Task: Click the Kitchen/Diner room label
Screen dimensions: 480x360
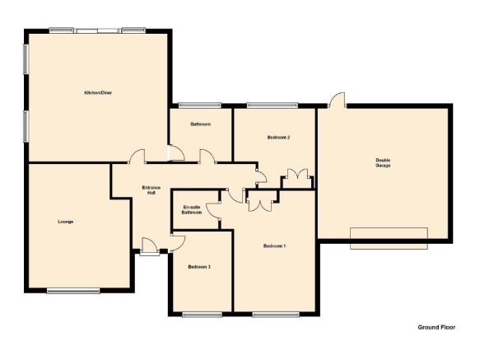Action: tap(98, 92)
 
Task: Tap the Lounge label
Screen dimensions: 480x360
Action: tap(66, 222)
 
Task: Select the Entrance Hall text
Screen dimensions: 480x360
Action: tap(151, 190)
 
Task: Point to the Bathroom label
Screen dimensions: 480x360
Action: tap(201, 124)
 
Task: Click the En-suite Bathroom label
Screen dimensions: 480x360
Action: tap(192, 210)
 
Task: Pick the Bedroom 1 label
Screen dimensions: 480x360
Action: tap(275, 245)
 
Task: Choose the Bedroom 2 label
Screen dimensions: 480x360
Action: tap(278, 138)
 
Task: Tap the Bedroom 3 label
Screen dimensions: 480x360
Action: tap(199, 267)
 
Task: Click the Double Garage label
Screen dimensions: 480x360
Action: tap(383, 162)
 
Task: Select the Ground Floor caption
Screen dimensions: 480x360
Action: tap(436, 327)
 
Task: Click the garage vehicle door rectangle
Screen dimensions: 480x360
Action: tap(389, 238)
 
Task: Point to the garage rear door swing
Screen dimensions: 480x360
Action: tap(337, 100)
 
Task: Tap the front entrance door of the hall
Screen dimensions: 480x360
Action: tap(150, 246)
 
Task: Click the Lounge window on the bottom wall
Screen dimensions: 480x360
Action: tap(73, 291)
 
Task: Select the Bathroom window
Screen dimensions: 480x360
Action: tap(200, 105)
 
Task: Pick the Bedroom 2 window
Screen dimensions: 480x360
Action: tap(273, 105)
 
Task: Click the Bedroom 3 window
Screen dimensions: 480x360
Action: tap(202, 315)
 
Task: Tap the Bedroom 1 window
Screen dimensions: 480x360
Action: tap(276, 315)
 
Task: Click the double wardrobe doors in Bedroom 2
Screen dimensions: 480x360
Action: tap(297, 178)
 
